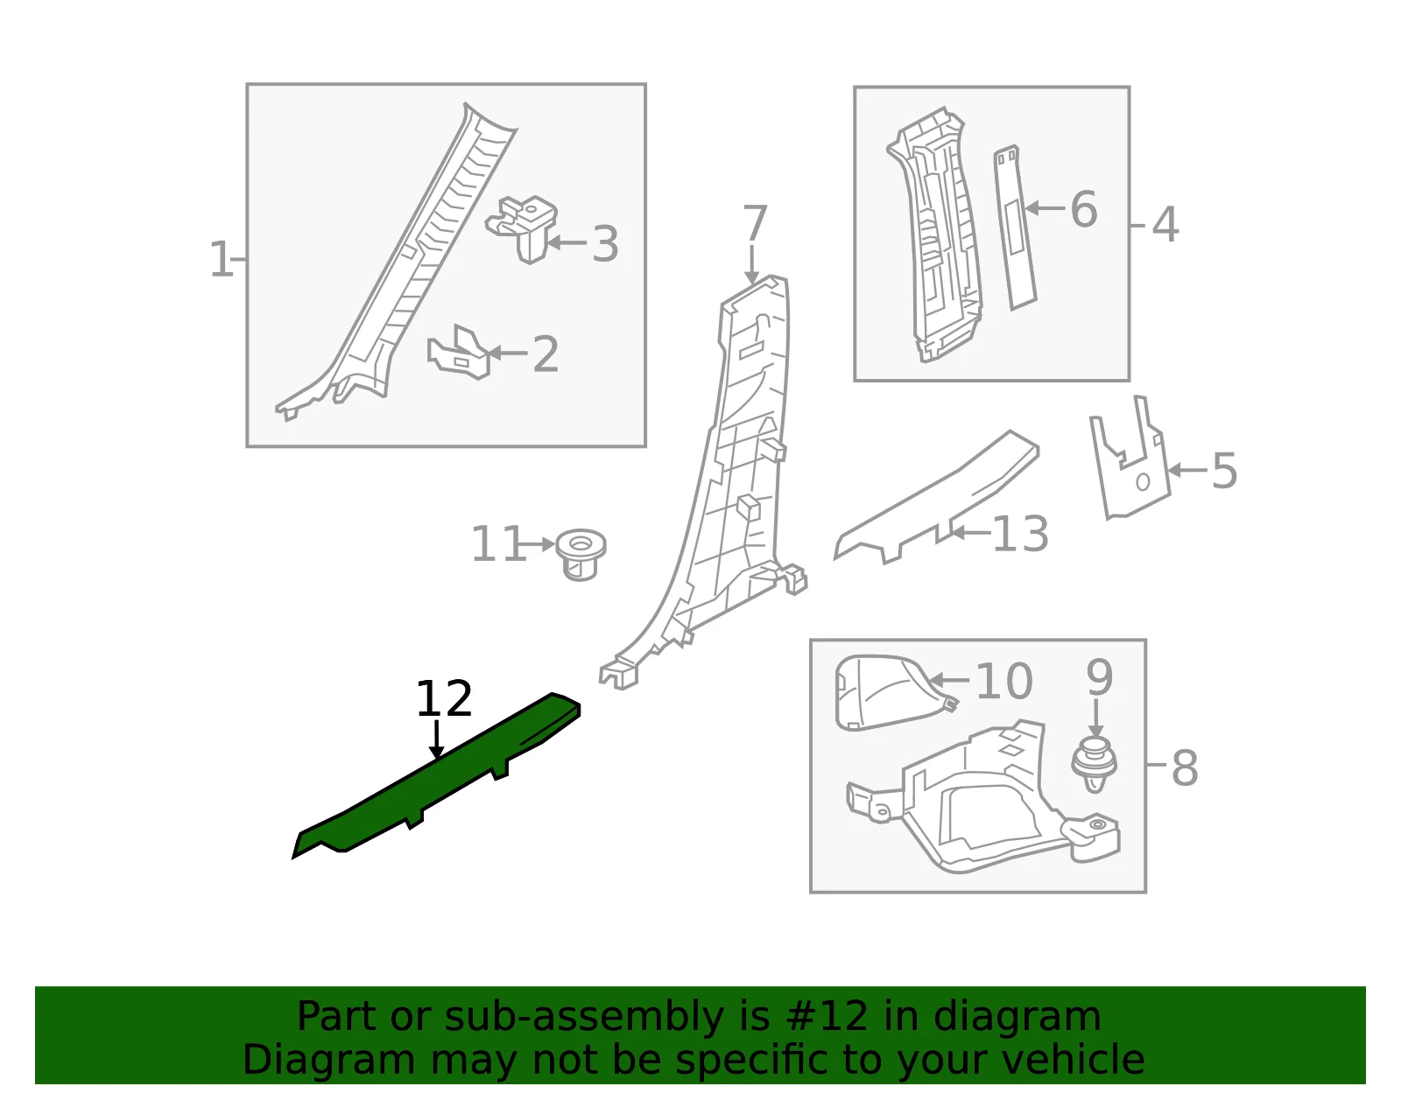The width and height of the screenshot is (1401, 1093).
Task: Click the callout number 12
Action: pyautogui.click(x=444, y=699)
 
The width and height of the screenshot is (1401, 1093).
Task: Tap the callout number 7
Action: pyautogui.click(x=755, y=223)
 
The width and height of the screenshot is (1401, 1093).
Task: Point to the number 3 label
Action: pyautogui.click(x=605, y=244)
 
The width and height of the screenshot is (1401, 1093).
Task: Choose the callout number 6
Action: pyautogui.click(x=1083, y=209)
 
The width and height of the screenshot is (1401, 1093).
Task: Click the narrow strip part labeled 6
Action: pyautogui.click(x=1014, y=227)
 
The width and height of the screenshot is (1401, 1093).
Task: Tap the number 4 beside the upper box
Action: pyautogui.click(x=1165, y=225)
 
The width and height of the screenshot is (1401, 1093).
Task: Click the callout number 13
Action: pyautogui.click(x=1021, y=534)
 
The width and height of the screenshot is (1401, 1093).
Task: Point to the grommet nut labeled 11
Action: pyautogui.click(x=581, y=555)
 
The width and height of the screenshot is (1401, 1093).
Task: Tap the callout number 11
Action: pyautogui.click(x=497, y=543)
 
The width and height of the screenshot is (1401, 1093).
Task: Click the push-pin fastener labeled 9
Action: pyautogui.click(x=1095, y=766)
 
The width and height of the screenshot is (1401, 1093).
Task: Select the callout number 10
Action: pyautogui.click(x=1004, y=681)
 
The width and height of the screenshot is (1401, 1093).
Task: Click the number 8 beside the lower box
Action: pyautogui.click(x=1185, y=768)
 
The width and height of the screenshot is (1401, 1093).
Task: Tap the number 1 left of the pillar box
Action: pyautogui.click(x=222, y=260)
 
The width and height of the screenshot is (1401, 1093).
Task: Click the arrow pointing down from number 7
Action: pyautogui.click(x=752, y=264)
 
